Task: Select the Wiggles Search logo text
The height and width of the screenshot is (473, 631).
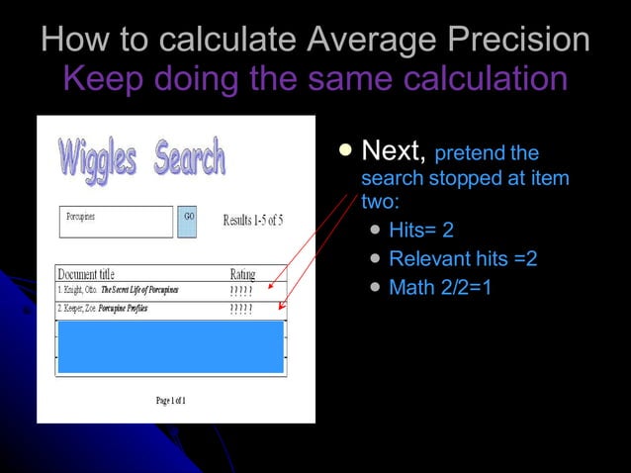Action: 141,159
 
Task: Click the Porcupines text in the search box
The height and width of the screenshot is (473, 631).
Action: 81,216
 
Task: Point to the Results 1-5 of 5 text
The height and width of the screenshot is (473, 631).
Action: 252,220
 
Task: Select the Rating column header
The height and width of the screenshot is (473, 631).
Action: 242,274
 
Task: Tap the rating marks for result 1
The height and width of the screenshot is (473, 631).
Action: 240,291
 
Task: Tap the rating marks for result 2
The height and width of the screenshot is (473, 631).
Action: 240,309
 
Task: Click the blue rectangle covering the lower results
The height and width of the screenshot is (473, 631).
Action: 170,345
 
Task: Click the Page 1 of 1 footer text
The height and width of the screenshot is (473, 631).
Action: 170,400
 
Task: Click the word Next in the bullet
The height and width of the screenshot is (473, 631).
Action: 394,151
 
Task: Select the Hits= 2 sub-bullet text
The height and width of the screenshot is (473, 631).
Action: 421,231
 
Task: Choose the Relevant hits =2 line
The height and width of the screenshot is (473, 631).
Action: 463,259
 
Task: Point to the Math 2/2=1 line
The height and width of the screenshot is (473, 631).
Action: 440,288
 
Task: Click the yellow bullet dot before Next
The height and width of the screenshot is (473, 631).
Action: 344,150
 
